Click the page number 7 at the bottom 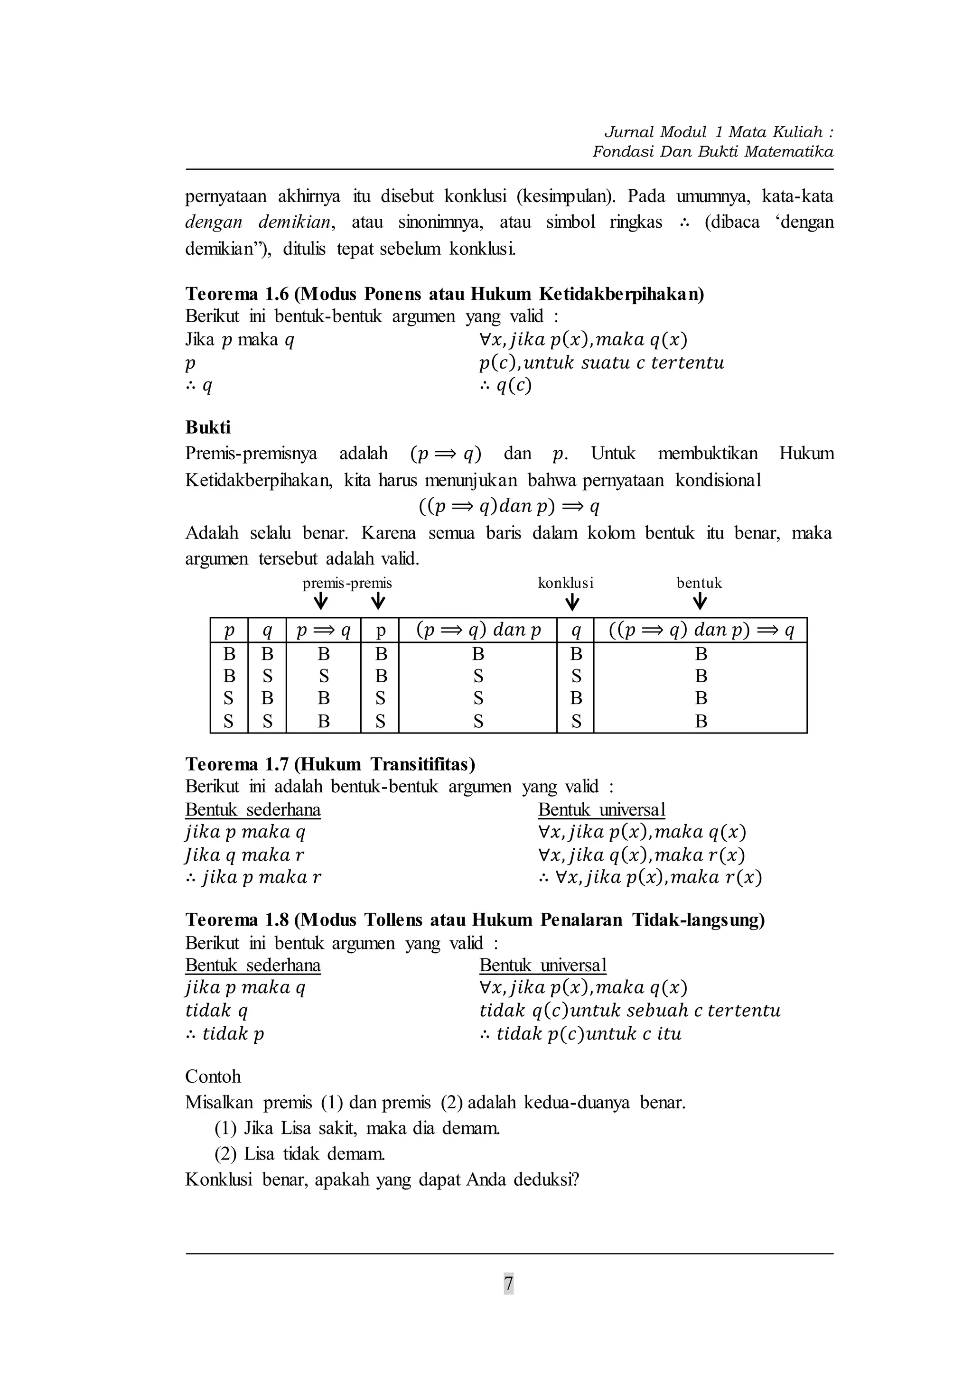(508, 1284)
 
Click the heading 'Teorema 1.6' (238, 294)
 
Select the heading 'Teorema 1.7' (238, 764)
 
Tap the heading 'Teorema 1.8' (238, 920)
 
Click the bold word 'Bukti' (208, 427)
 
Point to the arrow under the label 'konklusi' (572, 602)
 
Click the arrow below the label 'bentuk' (700, 602)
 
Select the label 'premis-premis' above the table (347, 583)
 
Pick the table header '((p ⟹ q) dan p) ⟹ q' (701, 630)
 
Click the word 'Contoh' (213, 1076)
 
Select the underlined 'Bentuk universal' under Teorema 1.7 (601, 810)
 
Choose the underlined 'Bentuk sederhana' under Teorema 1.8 (252, 966)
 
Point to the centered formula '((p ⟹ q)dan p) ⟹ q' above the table (509, 506)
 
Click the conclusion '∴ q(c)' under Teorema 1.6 (506, 385)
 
